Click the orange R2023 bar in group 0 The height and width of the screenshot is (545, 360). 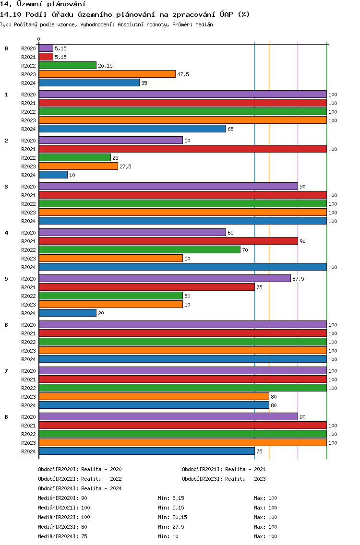pyautogui.click(x=107, y=74)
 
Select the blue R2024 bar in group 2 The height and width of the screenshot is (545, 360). pyautogui.click(x=53, y=175)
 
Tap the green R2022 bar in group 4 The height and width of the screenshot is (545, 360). pyautogui.click(x=140, y=249)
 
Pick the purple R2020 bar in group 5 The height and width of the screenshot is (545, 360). pyautogui.click(x=165, y=278)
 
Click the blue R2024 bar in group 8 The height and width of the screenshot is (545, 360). pyautogui.click(x=147, y=451)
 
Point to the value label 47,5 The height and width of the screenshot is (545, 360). pyautogui.click(x=183, y=74)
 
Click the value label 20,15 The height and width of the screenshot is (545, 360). pyautogui.click(x=105, y=66)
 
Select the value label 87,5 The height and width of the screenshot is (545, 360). pyautogui.click(x=298, y=279)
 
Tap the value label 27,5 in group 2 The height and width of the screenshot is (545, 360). pyautogui.click(x=125, y=166)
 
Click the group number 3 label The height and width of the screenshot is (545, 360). pyautogui.click(x=6, y=187)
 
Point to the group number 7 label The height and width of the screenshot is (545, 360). pyautogui.click(x=6, y=371)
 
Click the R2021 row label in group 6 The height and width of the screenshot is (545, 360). pyautogui.click(x=28, y=333)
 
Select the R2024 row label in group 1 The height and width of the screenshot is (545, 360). pyautogui.click(x=28, y=129)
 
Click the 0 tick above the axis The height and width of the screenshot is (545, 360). pyautogui.click(x=38, y=39)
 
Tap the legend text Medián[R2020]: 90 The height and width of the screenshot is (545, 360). pyautogui.click(x=62, y=498)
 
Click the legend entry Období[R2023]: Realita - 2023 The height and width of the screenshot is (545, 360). pyautogui.click(x=224, y=479)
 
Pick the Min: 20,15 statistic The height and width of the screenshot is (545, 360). pyautogui.click(x=172, y=517)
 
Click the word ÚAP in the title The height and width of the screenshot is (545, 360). pyautogui.click(x=227, y=14)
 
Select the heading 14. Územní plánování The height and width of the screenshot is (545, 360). pyautogui.click(x=43, y=4)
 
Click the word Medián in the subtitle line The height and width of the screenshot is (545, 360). pyautogui.click(x=204, y=24)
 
